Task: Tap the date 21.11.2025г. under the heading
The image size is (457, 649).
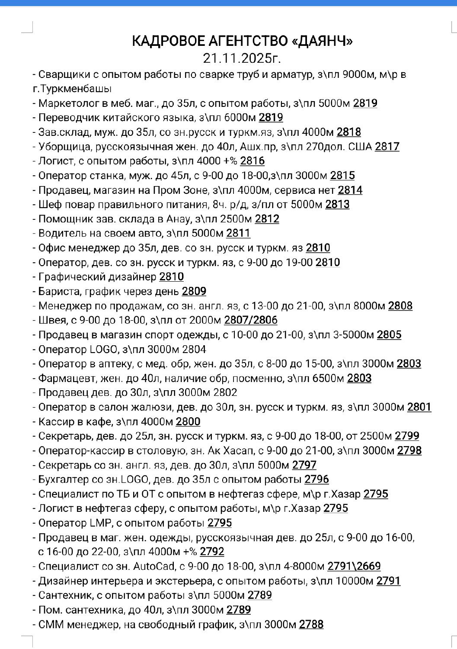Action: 242,58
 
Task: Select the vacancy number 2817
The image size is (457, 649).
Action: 387,146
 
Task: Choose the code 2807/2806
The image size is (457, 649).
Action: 251,320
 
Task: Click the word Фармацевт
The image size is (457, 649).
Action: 63,378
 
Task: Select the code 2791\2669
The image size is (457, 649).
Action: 354,566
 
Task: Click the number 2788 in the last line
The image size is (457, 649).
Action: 311,624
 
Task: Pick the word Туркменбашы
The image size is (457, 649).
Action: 73,89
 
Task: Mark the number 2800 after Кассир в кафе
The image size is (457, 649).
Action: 188,421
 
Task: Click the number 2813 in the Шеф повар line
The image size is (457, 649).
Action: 337,204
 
